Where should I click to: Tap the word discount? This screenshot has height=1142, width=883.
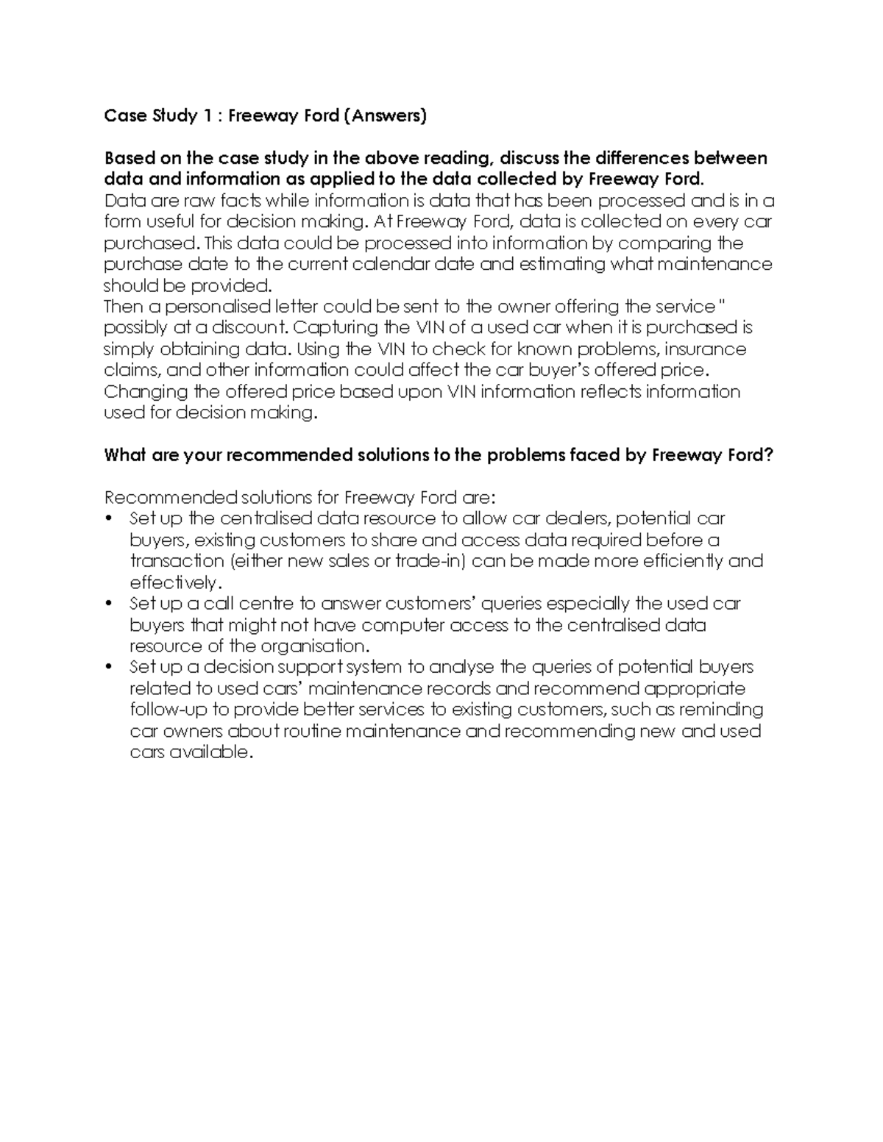tap(251, 328)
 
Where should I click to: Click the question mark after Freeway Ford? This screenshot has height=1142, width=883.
tap(770, 455)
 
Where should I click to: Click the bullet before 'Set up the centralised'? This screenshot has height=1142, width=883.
tap(109, 519)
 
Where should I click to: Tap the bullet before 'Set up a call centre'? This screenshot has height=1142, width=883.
tap(109, 604)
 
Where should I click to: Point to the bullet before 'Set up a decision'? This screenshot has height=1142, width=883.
tap(109, 668)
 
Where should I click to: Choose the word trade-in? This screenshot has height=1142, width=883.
tap(430, 561)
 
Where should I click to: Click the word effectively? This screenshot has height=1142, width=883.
tap(173, 583)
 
